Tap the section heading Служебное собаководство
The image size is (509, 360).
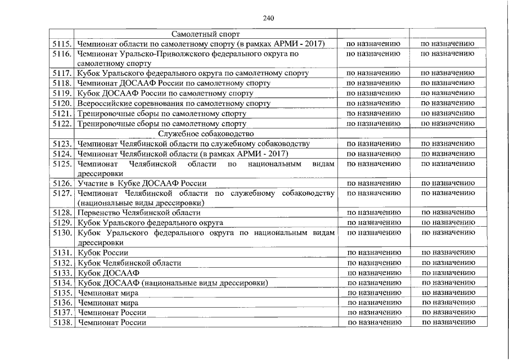click(206, 134)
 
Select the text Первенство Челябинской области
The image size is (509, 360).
click(138, 213)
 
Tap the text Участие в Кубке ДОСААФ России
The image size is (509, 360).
click(142, 183)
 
